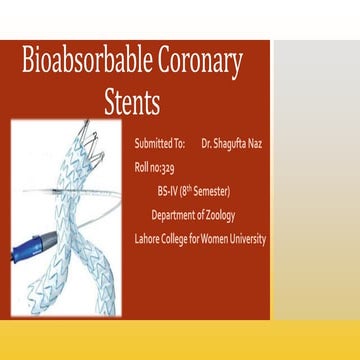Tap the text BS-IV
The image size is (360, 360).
(168, 190)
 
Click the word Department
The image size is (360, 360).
(172, 214)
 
